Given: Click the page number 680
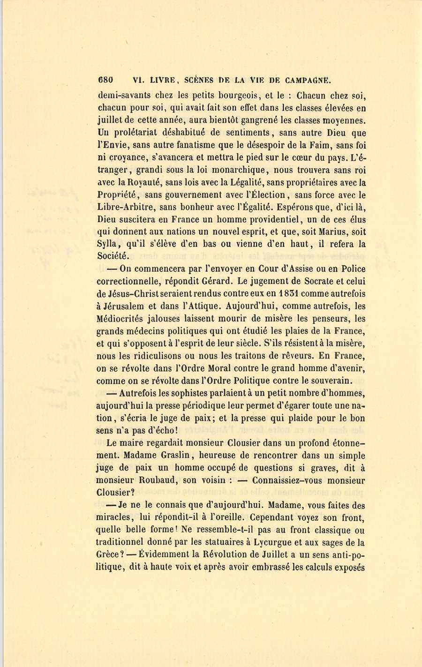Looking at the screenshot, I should point(105,79).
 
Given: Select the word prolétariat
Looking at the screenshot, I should point(139,133).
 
